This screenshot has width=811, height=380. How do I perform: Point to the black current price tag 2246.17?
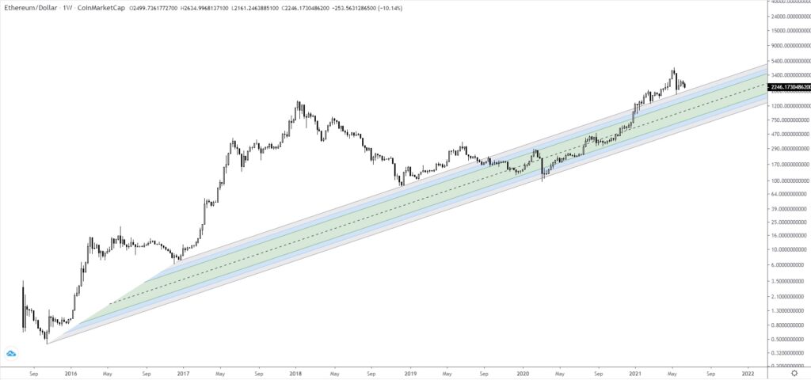tap(789, 87)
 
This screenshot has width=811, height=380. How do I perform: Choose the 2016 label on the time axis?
tap(70, 372)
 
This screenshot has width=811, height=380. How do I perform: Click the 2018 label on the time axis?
tap(295, 372)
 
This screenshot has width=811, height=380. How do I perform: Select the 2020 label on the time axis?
tap(523, 372)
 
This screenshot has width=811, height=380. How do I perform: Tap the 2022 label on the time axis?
tap(748, 372)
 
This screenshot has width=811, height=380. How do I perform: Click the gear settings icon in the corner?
tap(794, 372)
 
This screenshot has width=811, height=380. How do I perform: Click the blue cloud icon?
tap(12, 354)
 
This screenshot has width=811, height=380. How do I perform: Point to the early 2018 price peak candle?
tap(299, 103)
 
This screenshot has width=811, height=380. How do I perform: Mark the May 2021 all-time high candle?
tap(674, 70)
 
